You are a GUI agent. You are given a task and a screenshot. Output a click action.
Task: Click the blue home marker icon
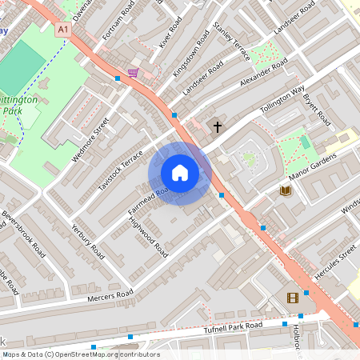click(x=180, y=172)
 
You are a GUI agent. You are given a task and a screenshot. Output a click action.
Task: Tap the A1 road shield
click(x=63, y=29)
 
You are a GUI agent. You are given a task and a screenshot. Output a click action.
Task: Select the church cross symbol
click(x=217, y=126)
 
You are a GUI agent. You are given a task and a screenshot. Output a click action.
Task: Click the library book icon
click(x=285, y=190)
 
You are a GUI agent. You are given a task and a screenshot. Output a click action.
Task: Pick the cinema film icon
click(x=293, y=298)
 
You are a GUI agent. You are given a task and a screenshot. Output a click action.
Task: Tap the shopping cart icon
click(x=133, y=73)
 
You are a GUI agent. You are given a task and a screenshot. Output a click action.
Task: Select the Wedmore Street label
click(x=90, y=139)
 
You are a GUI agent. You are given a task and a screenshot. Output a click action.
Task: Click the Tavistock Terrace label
click(x=120, y=170)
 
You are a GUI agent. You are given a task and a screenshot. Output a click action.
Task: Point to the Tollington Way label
click(x=282, y=102)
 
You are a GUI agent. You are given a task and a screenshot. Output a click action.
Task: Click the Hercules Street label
click(x=335, y=261)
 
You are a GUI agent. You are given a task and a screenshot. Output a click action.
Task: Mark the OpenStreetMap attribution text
click(x=81, y=354)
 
